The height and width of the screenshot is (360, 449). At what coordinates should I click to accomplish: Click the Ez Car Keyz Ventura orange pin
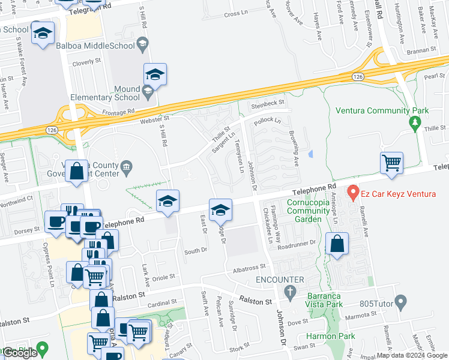[x=353, y=194]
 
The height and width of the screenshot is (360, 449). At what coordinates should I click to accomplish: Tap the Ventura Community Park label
[x=382, y=110]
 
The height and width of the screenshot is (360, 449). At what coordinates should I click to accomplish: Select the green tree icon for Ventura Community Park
[x=414, y=124]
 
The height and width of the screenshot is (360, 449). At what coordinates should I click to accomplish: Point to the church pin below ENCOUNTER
[x=291, y=292]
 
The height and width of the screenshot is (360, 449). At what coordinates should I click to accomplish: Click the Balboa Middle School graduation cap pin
[x=142, y=43]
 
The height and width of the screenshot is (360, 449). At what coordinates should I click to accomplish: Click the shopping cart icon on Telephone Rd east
[x=391, y=162]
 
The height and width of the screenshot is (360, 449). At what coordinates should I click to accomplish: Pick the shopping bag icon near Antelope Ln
[x=337, y=244]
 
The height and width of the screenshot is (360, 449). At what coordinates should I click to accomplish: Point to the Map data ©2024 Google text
[x=412, y=355]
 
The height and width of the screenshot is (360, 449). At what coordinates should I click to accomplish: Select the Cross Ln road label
[x=235, y=14]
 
